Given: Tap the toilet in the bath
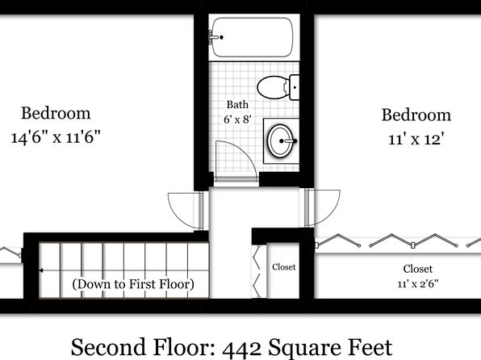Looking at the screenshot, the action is click(278, 87).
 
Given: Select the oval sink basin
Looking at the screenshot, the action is click(280, 141).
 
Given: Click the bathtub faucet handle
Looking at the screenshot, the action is click(215, 37).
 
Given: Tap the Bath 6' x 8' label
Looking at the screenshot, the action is click(237, 111).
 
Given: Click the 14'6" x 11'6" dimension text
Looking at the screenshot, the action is click(56, 137).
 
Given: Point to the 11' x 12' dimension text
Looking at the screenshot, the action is click(416, 140).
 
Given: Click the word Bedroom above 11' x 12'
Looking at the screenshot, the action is click(416, 115).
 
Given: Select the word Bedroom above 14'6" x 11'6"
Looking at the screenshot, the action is click(56, 113).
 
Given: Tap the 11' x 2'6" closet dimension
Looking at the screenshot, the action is click(418, 284).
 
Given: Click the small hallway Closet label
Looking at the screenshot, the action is click(284, 267).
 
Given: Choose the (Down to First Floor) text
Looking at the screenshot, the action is click(133, 284).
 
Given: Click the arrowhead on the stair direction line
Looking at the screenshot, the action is click(41, 270).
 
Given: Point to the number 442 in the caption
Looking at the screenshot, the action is click(242, 348).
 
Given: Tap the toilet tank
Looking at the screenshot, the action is click(295, 87).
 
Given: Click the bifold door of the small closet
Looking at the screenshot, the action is click(257, 271).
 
